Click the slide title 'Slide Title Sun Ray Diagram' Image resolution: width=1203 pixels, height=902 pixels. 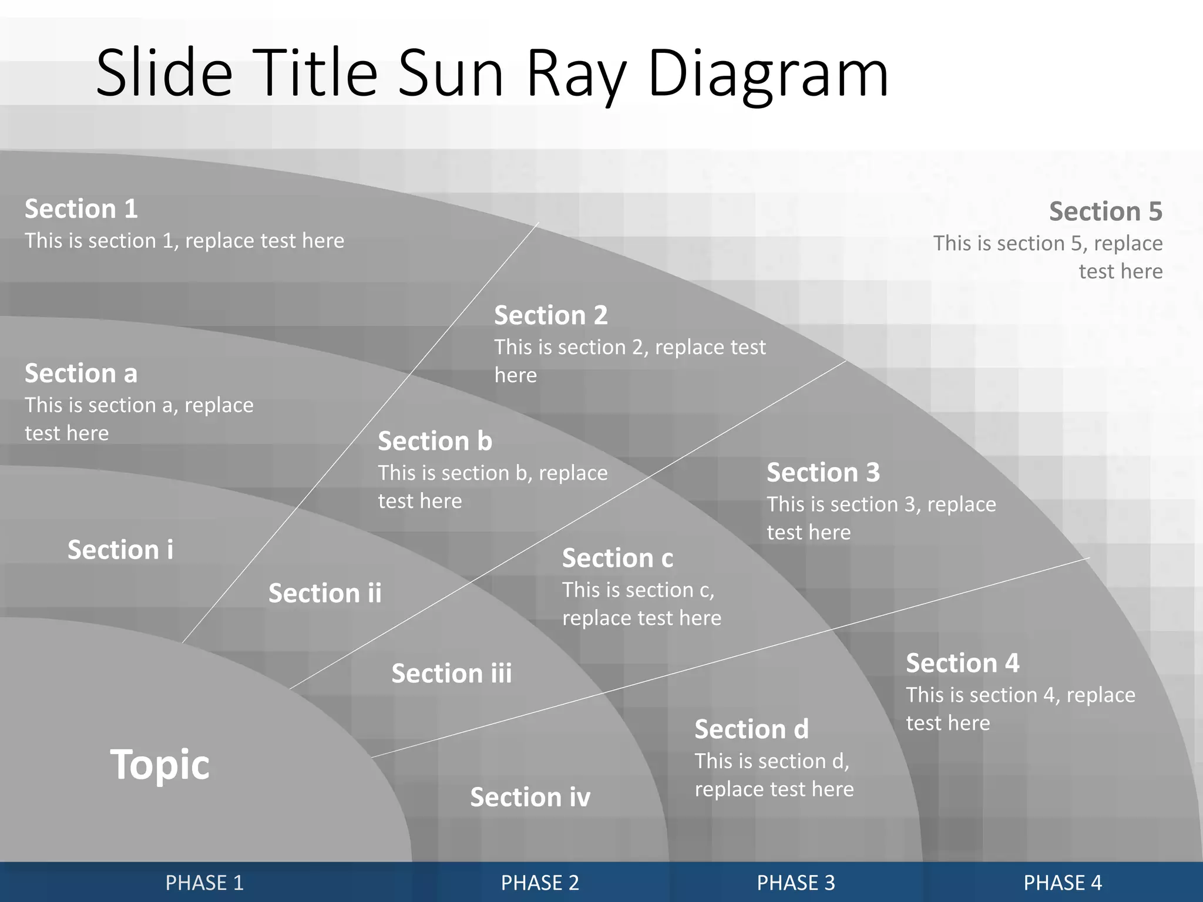492,73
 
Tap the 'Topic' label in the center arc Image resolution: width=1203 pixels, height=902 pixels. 160,765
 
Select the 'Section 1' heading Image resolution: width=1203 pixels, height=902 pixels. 81,209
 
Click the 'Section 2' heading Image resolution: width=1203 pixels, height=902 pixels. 550,315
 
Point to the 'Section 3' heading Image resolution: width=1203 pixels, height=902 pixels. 823,473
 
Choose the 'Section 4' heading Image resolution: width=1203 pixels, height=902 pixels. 962,663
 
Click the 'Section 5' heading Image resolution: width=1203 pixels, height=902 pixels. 1105,211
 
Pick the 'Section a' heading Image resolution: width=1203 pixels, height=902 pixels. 81,373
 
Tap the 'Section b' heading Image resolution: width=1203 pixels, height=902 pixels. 435,441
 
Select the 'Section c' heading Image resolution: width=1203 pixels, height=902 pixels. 617,558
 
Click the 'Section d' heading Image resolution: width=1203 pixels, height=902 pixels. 751,729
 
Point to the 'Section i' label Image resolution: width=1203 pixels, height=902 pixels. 120,550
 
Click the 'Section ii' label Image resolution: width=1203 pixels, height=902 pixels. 325,593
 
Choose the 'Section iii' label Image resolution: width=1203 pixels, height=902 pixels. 452,674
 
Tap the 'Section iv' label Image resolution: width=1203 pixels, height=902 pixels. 530,797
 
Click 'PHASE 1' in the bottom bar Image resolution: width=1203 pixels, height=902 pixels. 204,883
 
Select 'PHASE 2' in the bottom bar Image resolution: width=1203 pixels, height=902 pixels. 540,883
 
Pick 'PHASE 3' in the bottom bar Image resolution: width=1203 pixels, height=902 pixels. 795,883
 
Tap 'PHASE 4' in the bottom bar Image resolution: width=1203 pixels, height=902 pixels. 1063,883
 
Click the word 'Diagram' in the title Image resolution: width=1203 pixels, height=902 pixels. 768,73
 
